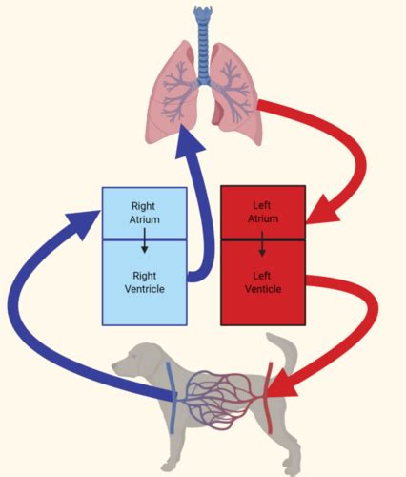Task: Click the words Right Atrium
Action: pos(145,213)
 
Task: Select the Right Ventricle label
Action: pos(145,282)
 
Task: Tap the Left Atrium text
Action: pos(263,212)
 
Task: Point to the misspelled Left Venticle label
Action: pos(263,282)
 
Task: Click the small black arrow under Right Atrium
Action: pos(145,240)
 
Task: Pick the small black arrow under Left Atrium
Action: pos(262,243)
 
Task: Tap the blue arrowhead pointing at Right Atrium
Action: pos(84,223)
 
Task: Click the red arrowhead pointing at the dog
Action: pos(282,383)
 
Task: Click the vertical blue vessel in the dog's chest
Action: pos(171,398)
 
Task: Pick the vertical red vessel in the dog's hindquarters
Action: pos(270,398)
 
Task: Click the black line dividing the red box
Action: pos(263,239)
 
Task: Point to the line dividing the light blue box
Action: pos(144,238)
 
